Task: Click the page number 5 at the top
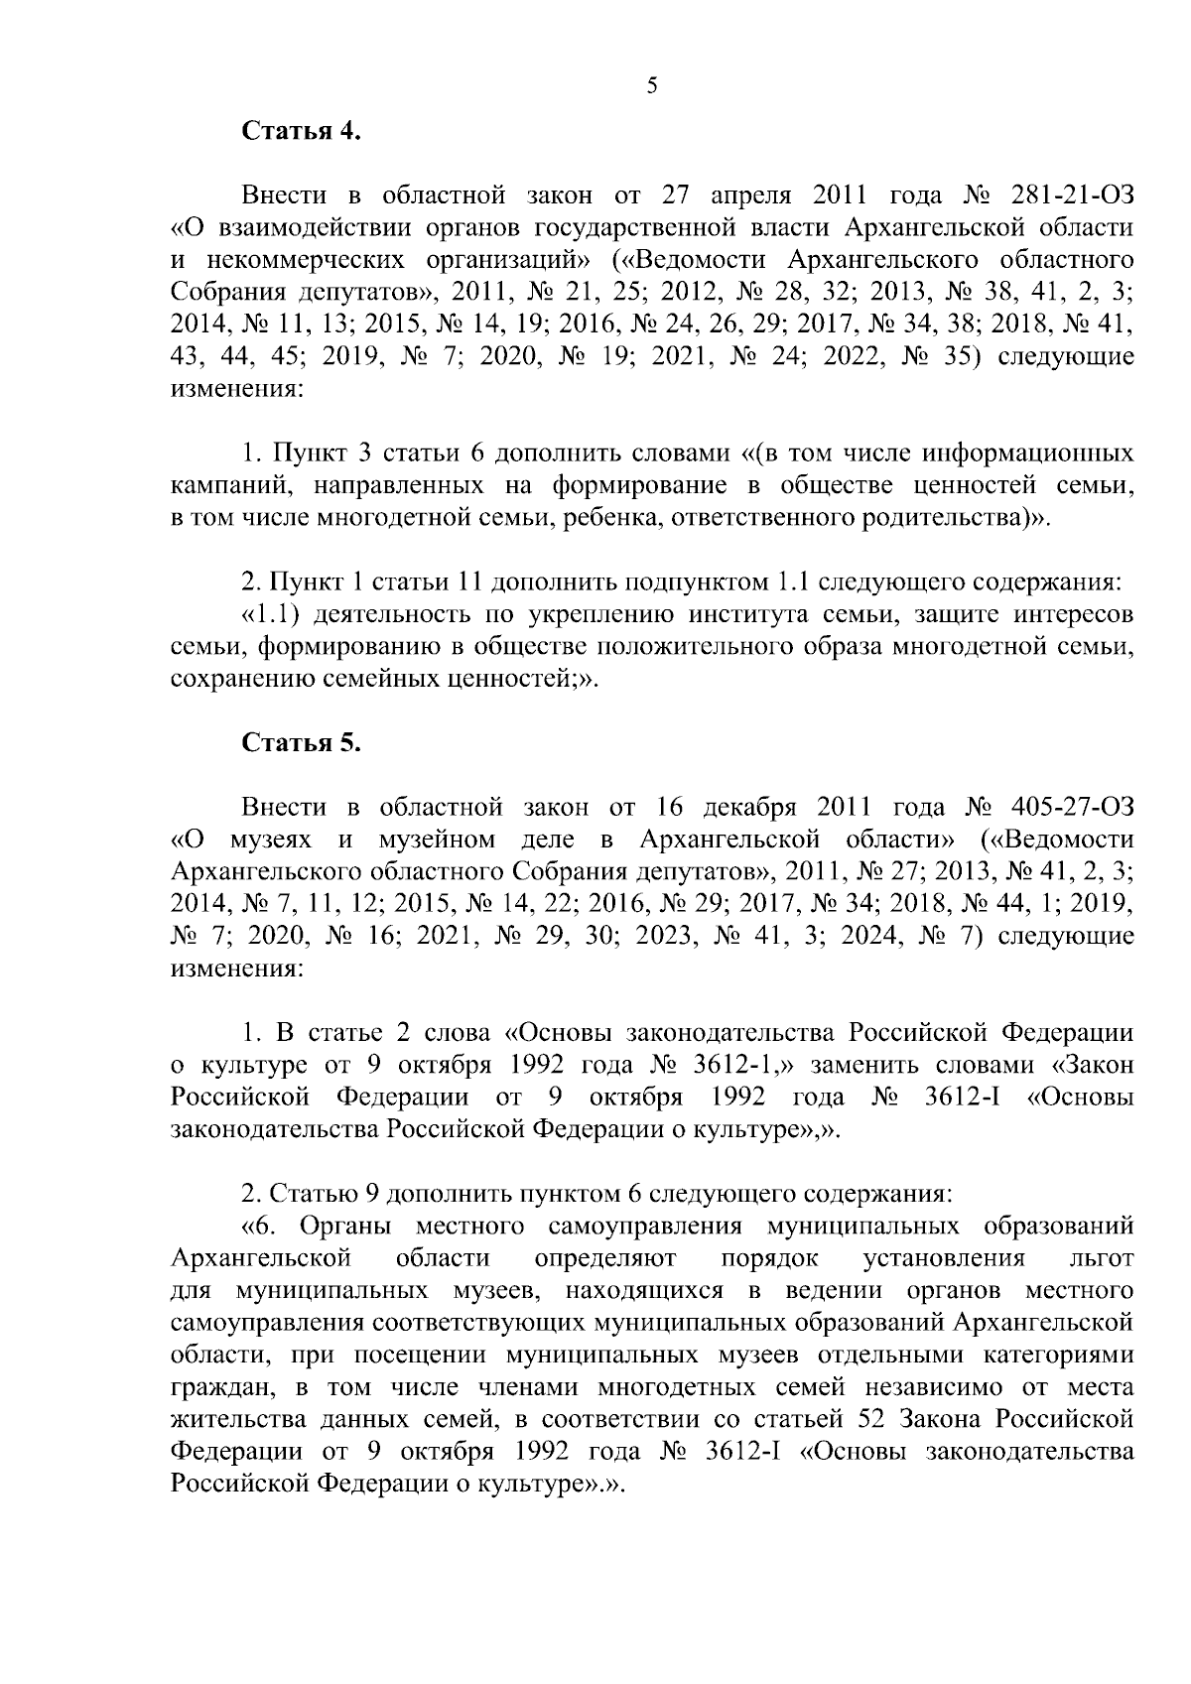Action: tap(652, 86)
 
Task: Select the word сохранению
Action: tap(231, 682)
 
